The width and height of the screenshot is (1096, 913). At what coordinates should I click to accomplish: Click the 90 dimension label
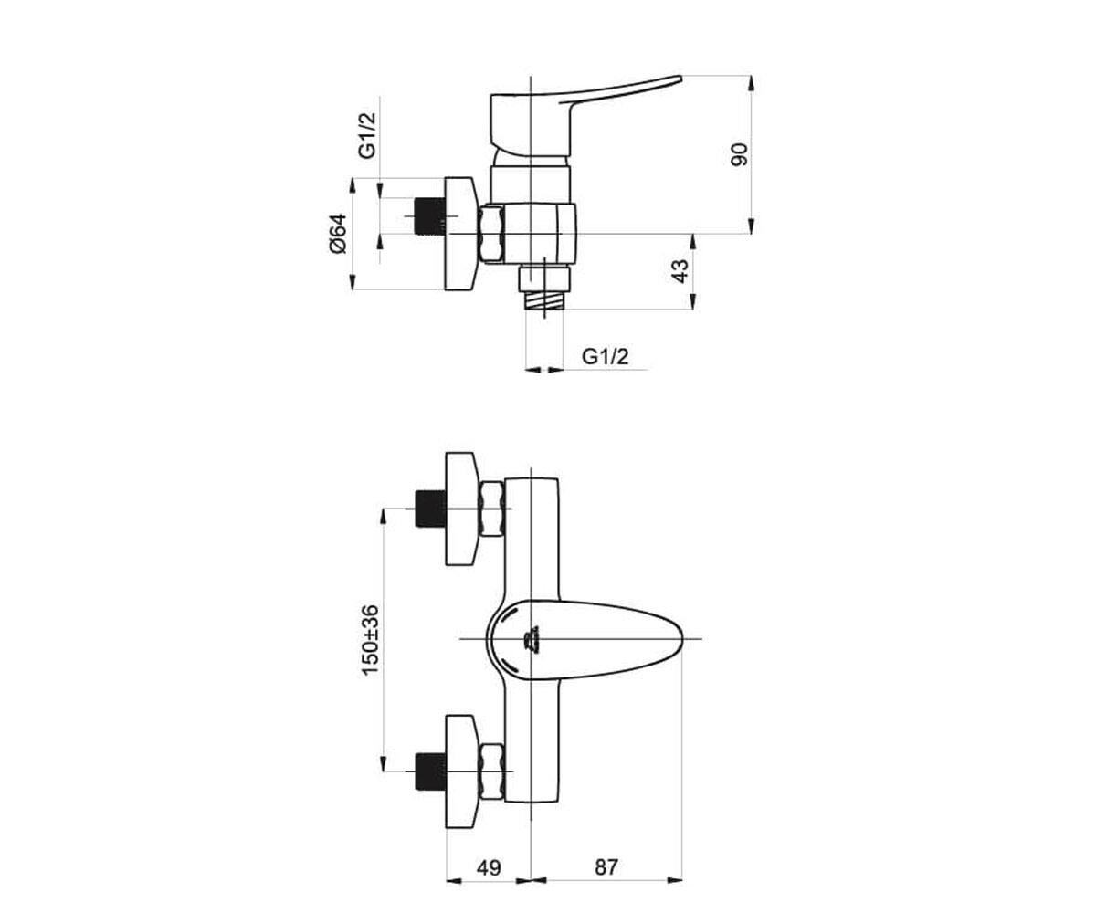739,154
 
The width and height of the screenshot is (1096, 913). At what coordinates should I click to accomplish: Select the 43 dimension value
680,271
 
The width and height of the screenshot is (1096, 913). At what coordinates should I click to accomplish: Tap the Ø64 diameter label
339,234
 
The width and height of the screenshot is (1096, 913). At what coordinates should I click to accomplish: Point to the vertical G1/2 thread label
367,135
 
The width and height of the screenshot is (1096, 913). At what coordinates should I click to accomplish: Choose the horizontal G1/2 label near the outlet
605,357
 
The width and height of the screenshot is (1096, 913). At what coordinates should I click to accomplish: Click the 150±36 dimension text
370,640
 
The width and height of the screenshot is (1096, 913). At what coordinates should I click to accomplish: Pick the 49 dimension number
489,867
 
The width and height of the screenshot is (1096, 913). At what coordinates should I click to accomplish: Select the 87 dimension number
606,867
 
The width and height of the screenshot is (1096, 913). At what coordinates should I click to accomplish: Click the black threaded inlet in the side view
430,216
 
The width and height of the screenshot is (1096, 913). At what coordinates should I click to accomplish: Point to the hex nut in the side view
492,234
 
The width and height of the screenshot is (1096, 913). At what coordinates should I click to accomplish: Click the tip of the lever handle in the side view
680,79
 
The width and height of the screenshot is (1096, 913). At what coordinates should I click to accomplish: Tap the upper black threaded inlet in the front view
430,509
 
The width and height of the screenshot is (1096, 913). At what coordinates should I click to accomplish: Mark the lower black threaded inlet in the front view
430,771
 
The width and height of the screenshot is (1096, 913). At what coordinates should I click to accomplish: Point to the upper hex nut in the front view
492,509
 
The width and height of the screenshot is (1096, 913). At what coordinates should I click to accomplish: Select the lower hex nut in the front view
492,771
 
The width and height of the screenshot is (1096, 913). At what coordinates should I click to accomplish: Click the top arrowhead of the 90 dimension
752,83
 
